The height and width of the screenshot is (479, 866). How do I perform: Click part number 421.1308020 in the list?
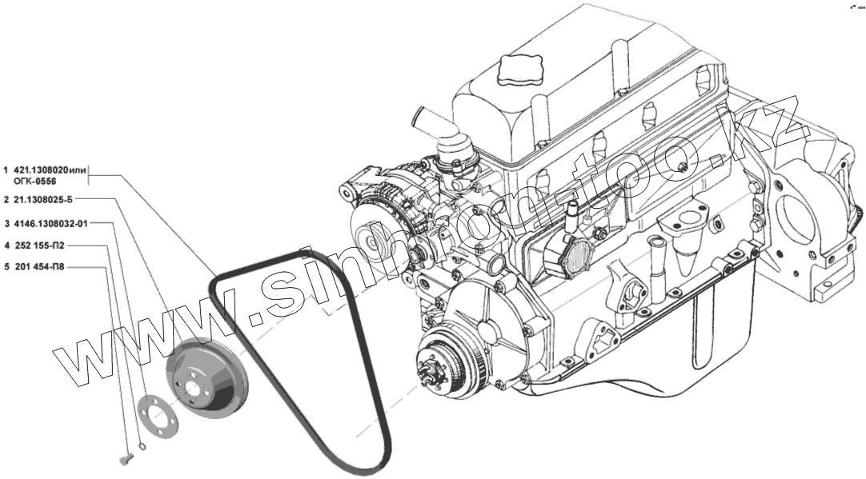pyautogui.click(x=44, y=170)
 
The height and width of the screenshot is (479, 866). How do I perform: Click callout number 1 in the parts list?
pyautogui.click(x=6, y=170)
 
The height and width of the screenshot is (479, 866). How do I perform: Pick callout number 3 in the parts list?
pyautogui.click(x=6, y=223)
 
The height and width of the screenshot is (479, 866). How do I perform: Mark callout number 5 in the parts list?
pyautogui.click(x=6, y=267)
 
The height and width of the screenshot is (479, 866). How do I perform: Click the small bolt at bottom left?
pyautogui.click(x=126, y=457)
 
